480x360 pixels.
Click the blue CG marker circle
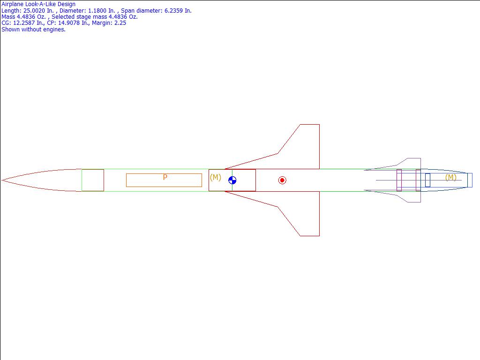(x=232, y=180)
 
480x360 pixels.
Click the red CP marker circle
(x=282, y=180)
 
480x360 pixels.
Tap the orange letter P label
(x=165, y=177)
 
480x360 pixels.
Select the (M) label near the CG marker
(x=216, y=177)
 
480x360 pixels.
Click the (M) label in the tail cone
(x=450, y=177)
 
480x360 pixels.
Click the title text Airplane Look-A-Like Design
(x=38, y=4)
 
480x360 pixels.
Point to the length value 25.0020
(x=34, y=11)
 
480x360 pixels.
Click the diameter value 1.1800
(x=97, y=11)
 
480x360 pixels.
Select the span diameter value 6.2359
(x=173, y=11)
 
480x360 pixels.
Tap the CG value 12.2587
(x=24, y=23)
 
